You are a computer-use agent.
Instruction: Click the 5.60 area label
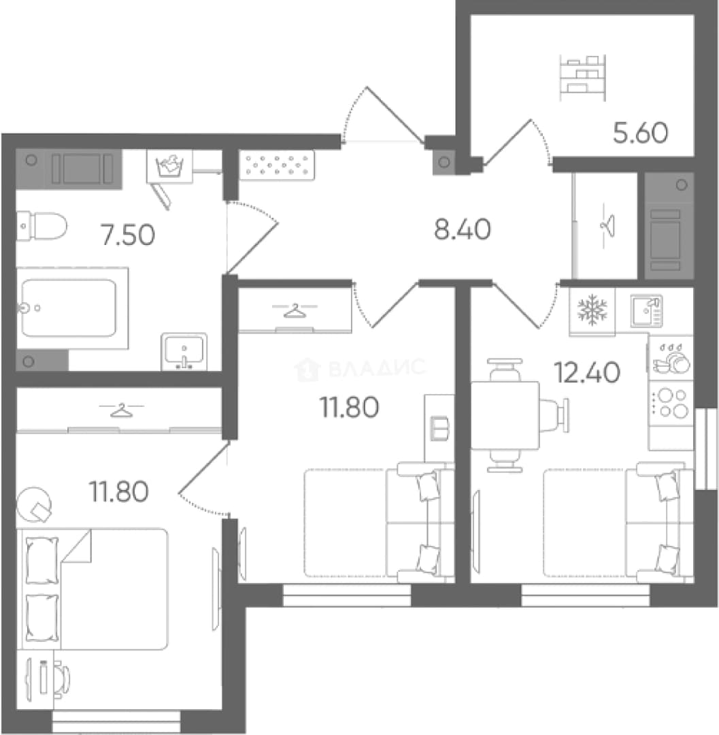click(640, 133)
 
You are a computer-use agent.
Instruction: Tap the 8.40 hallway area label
click(463, 230)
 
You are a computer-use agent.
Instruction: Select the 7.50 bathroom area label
click(128, 235)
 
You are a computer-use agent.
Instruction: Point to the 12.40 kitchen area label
click(587, 373)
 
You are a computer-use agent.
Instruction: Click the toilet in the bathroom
click(41, 226)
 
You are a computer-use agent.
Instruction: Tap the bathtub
click(72, 308)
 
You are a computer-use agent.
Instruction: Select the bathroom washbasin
click(184, 352)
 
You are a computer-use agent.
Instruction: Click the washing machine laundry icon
click(169, 166)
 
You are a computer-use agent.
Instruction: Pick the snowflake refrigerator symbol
click(592, 310)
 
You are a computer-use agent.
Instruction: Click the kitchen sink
click(646, 310)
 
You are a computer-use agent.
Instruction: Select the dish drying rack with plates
click(671, 359)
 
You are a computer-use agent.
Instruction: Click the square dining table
click(505, 415)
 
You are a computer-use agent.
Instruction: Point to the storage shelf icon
click(583, 78)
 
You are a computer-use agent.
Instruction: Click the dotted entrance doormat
click(277, 165)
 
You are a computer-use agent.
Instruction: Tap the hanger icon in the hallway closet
click(607, 226)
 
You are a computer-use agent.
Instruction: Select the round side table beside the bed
click(34, 505)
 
